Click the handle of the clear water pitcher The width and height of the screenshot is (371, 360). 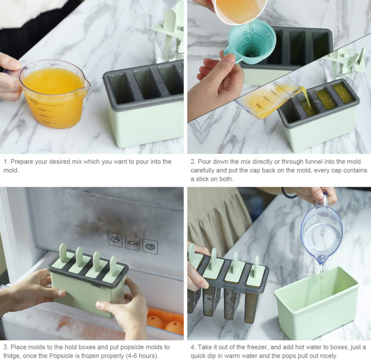326,200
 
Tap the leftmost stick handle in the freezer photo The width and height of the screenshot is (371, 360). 63,253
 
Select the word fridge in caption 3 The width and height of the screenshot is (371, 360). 13,355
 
